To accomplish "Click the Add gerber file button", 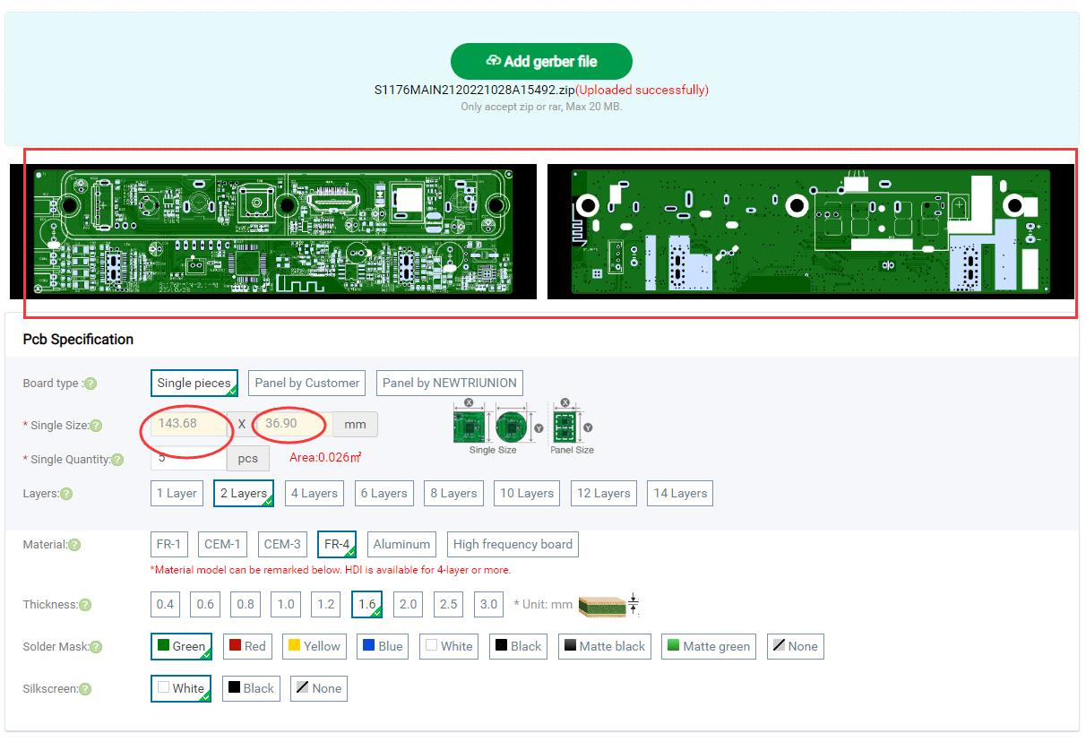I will pyautogui.click(x=541, y=61).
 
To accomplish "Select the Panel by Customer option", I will pyautogui.click(x=306, y=383).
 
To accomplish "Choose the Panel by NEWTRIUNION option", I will pyautogui.click(x=449, y=383).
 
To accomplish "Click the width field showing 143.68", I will pyautogui.click(x=187, y=424).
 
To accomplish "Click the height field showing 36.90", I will pyautogui.click(x=292, y=424).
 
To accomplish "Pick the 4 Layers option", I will pyautogui.click(x=313, y=493).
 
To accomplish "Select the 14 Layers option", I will pyautogui.click(x=680, y=493).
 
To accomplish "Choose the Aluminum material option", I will pyautogui.click(x=401, y=544).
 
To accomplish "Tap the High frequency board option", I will pyautogui.click(x=512, y=544).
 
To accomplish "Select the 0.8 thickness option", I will pyautogui.click(x=246, y=604).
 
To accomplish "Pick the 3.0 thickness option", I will pyautogui.click(x=488, y=604).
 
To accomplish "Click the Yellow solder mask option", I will pyautogui.click(x=313, y=646).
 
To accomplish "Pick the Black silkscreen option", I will pyautogui.click(x=250, y=688).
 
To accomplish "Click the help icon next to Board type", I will pyautogui.click(x=90, y=384).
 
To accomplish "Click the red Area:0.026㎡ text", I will pyautogui.click(x=325, y=458).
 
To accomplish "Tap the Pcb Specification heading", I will pyautogui.click(x=78, y=339).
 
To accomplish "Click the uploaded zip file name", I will pyautogui.click(x=474, y=90).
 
